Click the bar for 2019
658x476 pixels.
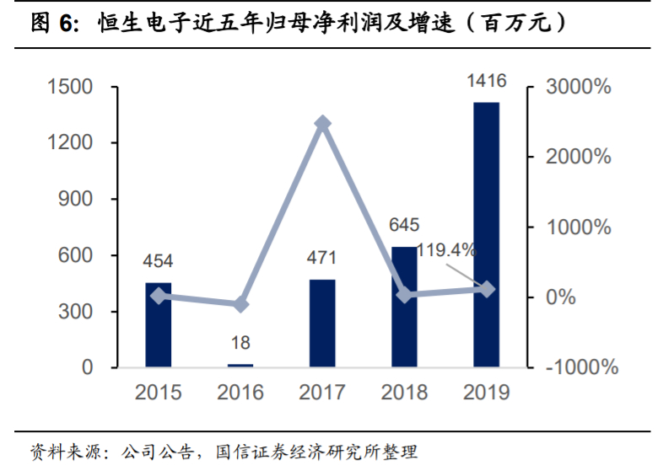point(486,235)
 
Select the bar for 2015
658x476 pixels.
point(158,325)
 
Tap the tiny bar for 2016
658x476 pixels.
point(240,366)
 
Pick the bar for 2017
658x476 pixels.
point(322,324)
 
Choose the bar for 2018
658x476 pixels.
point(404,308)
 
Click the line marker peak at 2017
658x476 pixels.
point(322,124)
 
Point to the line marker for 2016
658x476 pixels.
point(240,304)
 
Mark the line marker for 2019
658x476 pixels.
point(486,289)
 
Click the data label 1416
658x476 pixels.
point(486,81)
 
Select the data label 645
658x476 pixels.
point(404,226)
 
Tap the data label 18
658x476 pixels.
point(240,343)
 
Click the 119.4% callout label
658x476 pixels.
point(446,249)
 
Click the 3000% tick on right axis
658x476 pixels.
point(579,87)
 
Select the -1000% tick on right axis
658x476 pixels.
point(580,368)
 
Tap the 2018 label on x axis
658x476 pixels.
point(404,393)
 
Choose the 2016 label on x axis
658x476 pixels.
point(240,393)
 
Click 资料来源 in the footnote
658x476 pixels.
point(59,452)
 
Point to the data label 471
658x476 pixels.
point(322,258)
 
